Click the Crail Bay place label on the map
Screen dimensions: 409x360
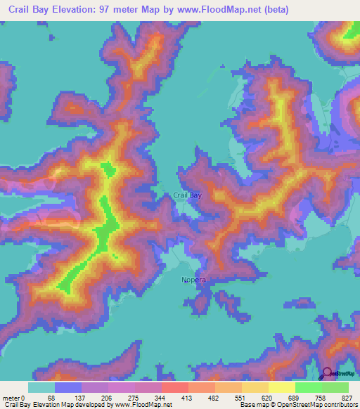[x=188, y=195]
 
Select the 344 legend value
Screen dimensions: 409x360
[x=161, y=398]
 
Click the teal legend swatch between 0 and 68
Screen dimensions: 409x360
[x=41, y=387]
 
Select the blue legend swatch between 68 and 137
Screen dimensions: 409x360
[x=67, y=387]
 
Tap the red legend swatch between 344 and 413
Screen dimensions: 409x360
[x=174, y=387]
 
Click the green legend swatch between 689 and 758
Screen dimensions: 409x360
[x=308, y=387]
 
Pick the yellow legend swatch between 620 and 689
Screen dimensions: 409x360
[x=281, y=387]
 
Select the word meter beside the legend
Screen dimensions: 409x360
[x=11, y=398]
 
